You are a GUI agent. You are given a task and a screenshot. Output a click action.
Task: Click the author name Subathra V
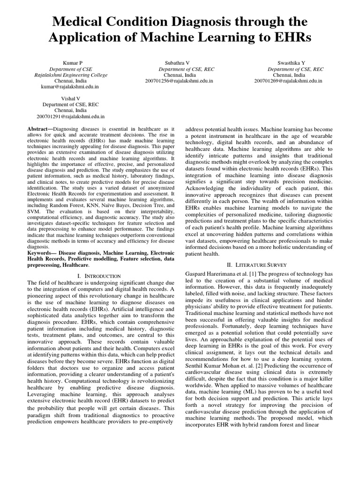[x=177, y=63]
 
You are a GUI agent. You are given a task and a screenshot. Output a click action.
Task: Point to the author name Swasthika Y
[x=289, y=63]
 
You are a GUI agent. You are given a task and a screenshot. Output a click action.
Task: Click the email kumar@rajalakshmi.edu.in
[x=70, y=87]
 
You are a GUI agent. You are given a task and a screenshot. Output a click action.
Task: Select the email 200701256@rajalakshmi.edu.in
[x=180, y=81]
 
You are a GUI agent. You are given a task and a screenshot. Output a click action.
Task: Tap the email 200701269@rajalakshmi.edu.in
[x=288, y=81]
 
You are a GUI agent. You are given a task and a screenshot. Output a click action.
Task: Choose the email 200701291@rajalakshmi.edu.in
[x=71, y=116]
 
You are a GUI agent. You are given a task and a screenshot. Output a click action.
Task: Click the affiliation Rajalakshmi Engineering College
[x=71, y=75]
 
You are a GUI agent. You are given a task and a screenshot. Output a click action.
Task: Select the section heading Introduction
[x=101, y=276]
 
